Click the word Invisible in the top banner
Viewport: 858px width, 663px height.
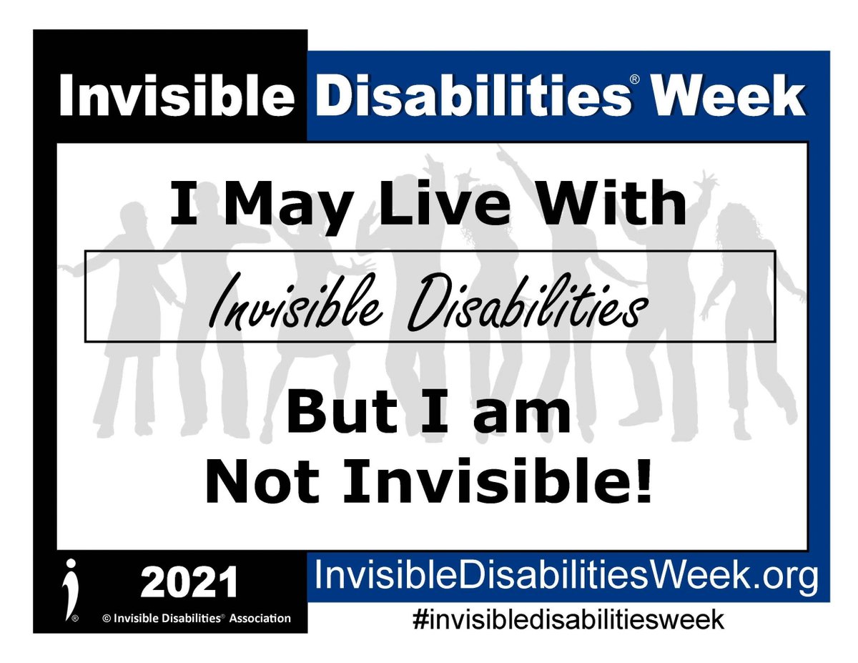[174, 97]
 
